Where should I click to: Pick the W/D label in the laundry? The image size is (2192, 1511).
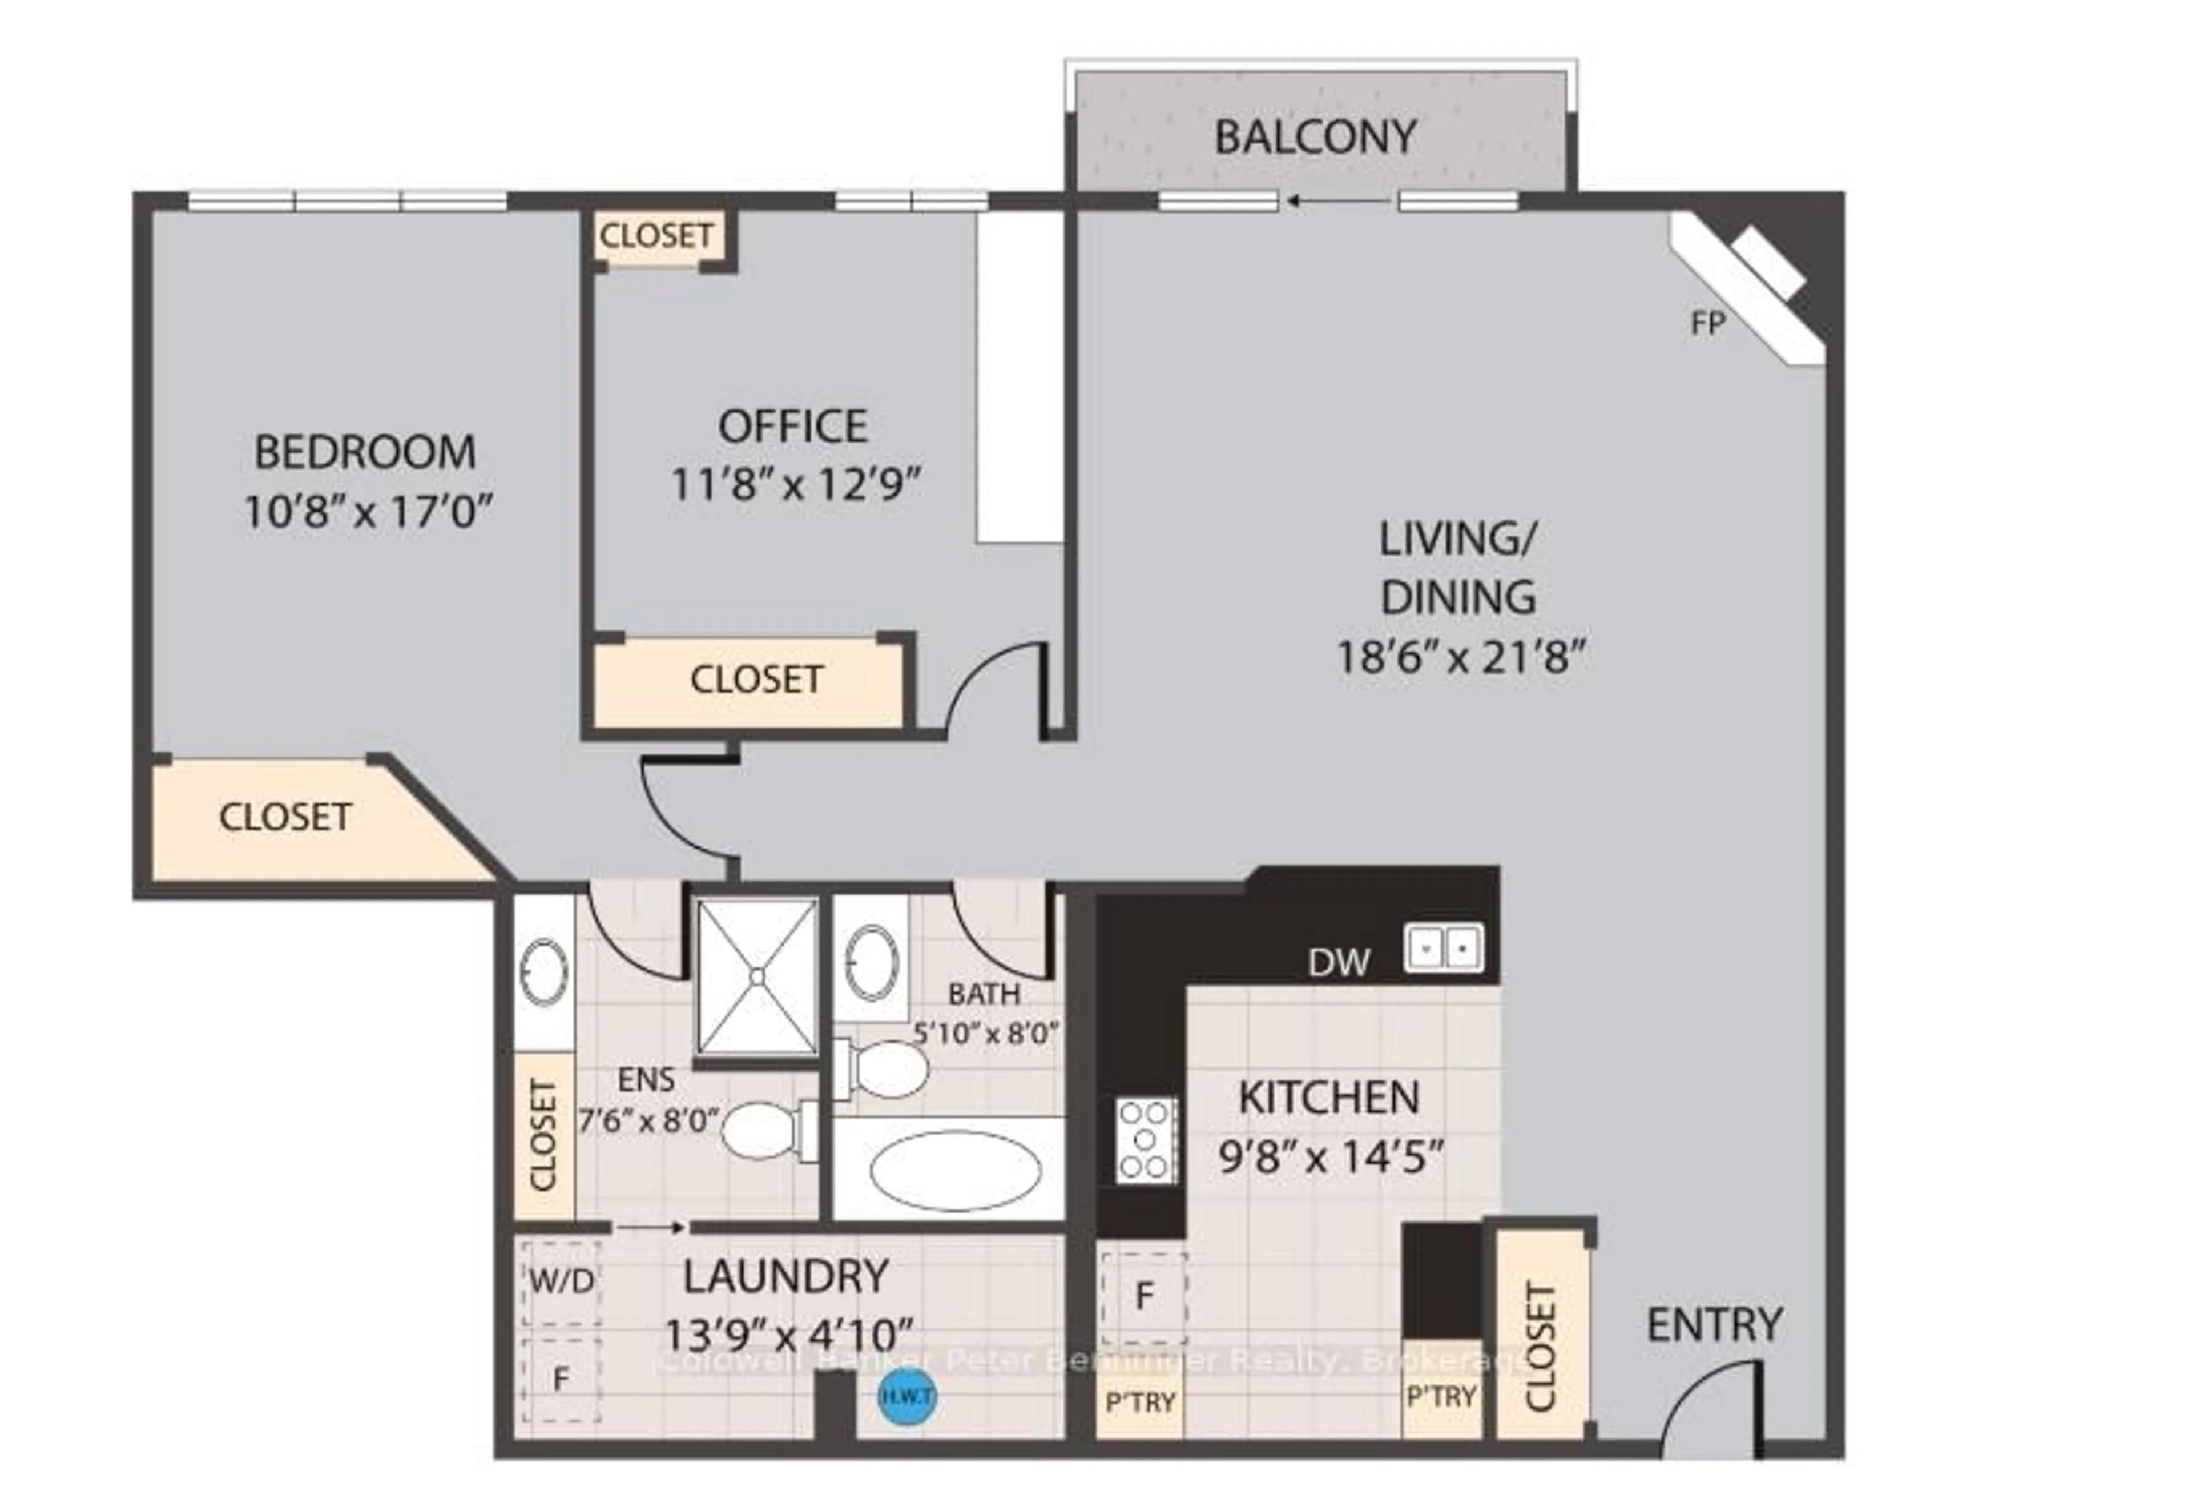pyautogui.click(x=561, y=1281)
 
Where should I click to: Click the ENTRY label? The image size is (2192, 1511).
pyautogui.click(x=1714, y=1324)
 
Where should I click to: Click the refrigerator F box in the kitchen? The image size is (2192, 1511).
pyautogui.click(x=1143, y=1296)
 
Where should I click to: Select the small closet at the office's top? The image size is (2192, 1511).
pyautogui.click(x=656, y=235)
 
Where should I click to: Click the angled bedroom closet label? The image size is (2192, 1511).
pyautogui.click(x=285, y=817)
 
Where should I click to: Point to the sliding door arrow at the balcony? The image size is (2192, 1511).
pyautogui.click(x=1336, y=200)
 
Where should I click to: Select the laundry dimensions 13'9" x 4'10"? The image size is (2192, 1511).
pyautogui.click(x=787, y=1336)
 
